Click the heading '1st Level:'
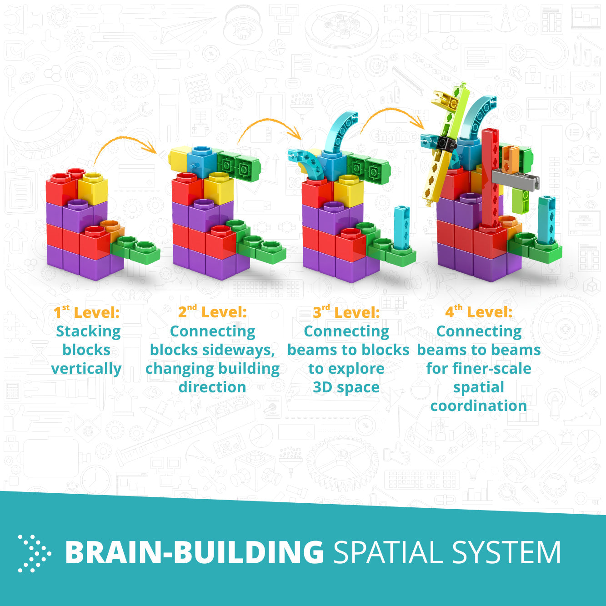tap(86, 312)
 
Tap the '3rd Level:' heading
tap(346, 312)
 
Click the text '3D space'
tap(346, 387)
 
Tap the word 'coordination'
tap(479, 406)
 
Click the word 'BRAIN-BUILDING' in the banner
tap(195, 552)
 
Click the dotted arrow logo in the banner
tap(34, 553)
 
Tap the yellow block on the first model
tap(93, 188)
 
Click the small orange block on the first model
tap(112, 230)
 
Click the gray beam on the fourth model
tap(516, 179)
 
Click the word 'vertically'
tap(86, 369)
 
